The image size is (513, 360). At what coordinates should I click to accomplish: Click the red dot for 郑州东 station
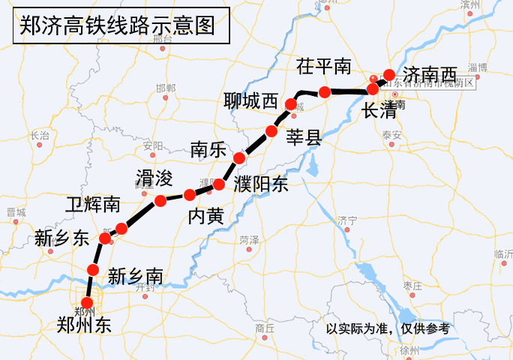(87, 303)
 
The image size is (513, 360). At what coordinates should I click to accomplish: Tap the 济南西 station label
(430, 74)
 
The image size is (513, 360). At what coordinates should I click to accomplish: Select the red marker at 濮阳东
(219, 184)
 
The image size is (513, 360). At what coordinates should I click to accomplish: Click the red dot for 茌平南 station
(325, 92)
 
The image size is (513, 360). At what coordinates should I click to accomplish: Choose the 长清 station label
(379, 111)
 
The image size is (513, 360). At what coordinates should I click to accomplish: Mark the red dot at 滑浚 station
(160, 200)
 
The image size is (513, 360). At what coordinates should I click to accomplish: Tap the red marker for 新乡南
(93, 270)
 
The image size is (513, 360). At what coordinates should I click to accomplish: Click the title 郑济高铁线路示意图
(116, 27)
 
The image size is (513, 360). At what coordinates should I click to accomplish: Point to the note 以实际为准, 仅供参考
(388, 328)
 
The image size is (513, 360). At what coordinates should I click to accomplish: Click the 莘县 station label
(304, 136)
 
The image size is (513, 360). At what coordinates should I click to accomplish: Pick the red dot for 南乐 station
(239, 157)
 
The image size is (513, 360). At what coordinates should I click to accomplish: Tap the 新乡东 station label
(61, 238)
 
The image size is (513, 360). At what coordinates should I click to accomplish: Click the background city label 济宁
(346, 220)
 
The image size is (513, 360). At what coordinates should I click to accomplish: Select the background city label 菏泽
(248, 240)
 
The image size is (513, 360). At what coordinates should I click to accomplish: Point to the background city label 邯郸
(166, 88)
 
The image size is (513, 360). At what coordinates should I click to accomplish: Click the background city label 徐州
(409, 350)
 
